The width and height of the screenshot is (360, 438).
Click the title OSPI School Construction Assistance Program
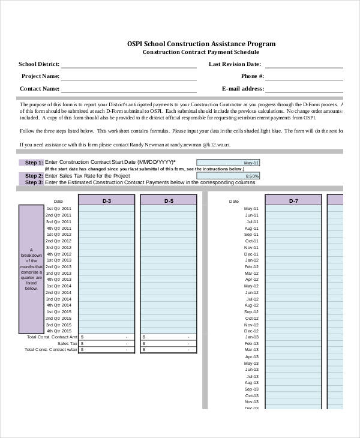tap(201, 44)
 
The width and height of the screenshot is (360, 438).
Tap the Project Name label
tap(40, 76)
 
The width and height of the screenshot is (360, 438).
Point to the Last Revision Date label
tap(235, 64)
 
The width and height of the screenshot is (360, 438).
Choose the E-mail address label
tap(242, 88)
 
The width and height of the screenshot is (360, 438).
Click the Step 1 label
tap(34, 163)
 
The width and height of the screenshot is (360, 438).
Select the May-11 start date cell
tap(228, 163)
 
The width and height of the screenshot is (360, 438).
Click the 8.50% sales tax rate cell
tap(228, 176)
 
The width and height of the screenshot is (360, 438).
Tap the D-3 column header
tap(107, 201)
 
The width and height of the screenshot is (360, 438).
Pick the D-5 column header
tap(169, 201)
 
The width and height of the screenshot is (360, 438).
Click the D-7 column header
tap(293, 201)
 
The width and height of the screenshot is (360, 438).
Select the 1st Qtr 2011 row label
tap(59, 208)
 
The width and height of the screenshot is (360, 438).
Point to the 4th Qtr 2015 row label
tap(59, 318)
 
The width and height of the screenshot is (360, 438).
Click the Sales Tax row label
tap(67, 343)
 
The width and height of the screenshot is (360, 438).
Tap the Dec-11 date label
tap(251, 254)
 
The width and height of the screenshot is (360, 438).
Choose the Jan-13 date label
tap(251, 337)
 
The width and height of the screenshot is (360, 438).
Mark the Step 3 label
tap(34, 182)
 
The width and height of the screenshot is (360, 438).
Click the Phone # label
tap(252, 76)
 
